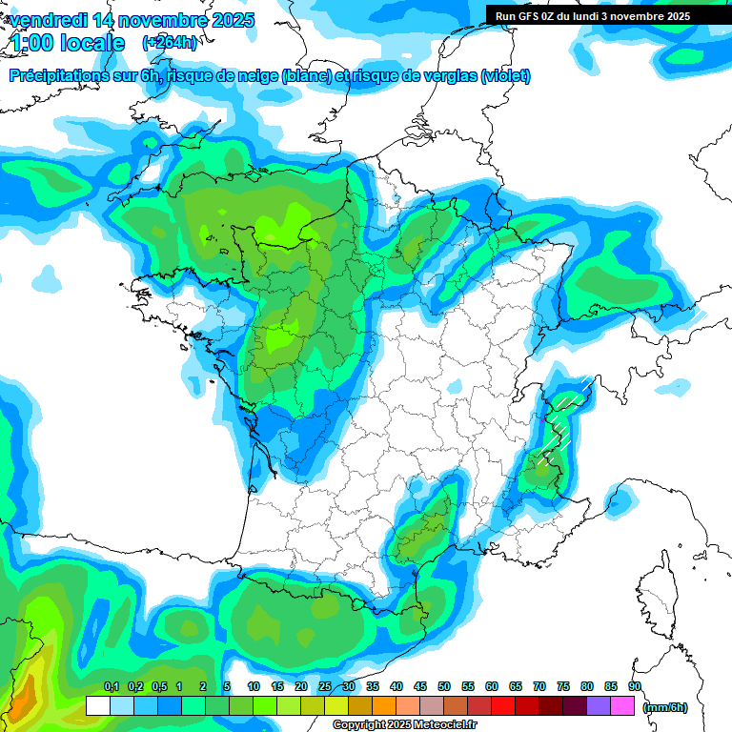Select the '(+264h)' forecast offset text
[x=170, y=43]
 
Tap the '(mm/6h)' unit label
[x=665, y=707]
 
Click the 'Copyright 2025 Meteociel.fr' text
[x=405, y=725]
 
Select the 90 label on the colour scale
[x=635, y=687]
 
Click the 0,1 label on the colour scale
[x=111, y=687]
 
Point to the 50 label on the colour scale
[x=444, y=687]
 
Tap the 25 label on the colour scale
[x=325, y=687]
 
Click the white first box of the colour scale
[x=97, y=706]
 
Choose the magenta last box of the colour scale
[x=623, y=706]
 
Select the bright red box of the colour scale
[x=503, y=706]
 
